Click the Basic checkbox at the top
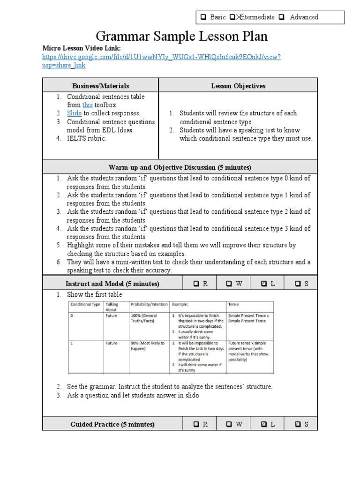click(204, 17)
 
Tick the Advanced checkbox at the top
click(282, 17)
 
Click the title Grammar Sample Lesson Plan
click(182, 37)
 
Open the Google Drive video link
click(161, 57)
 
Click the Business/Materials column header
click(100, 86)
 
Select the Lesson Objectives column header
click(238, 86)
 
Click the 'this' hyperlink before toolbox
click(88, 105)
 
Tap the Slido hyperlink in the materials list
click(74, 113)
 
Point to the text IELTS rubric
click(87, 139)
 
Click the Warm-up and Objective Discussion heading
click(180, 167)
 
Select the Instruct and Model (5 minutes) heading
click(112, 284)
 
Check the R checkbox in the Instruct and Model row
click(197, 284)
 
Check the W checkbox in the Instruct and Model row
click(229, 284)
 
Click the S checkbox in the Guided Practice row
click(298, 425)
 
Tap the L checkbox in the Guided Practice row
click(263, 425)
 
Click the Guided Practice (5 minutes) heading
click(112, 425)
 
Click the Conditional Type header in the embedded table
click(85, 304)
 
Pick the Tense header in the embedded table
click(233, 304)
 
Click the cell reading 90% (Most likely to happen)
click(147, 346)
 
